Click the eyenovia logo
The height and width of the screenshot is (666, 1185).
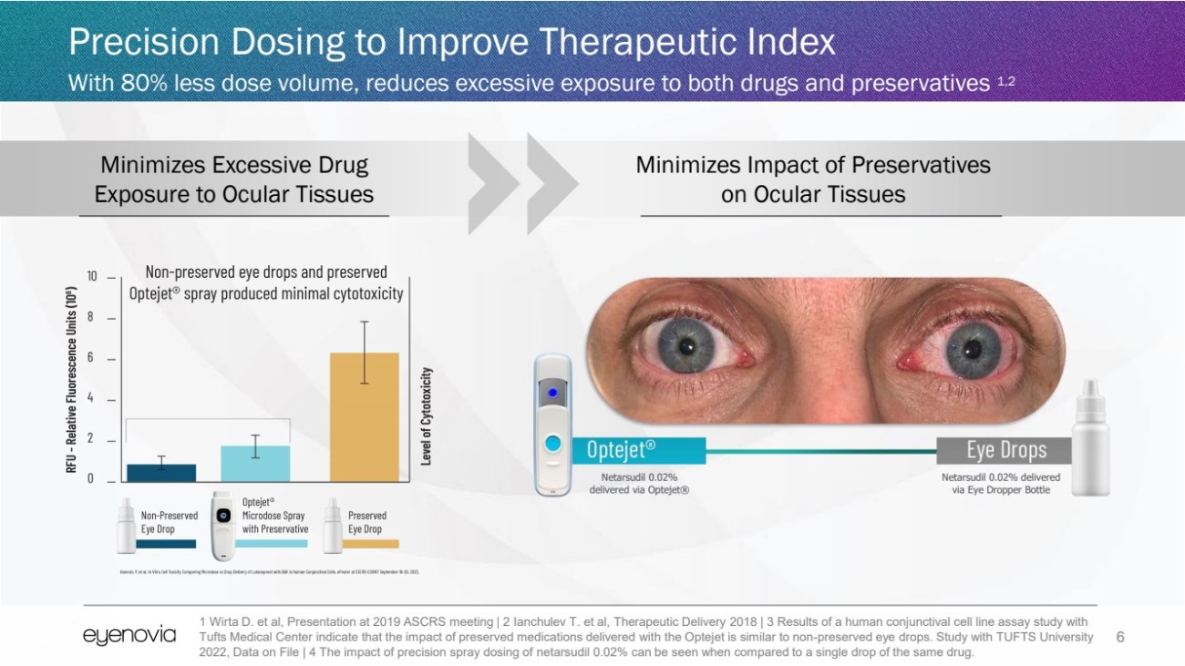[x=129, y=636]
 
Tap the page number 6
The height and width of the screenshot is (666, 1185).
[x=1120, y=637]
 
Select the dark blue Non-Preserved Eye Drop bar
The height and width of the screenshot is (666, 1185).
[x=161, y=472]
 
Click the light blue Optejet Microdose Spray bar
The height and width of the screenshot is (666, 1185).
[x=255, y=463]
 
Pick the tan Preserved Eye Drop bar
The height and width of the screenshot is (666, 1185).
[x=364, y=416]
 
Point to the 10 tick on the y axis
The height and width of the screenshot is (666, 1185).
[x=92, y=276]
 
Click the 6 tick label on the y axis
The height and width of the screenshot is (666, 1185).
[x=91, y=358]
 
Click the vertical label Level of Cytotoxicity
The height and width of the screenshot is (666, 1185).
[x=426, y=415]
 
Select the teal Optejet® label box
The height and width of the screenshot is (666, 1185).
[x=638, y=450]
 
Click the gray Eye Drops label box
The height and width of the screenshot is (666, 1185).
[x=1005, y=450]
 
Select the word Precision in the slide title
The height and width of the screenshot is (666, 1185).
[x=144, y=43]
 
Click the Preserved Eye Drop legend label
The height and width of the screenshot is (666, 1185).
[x=366, y=522]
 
